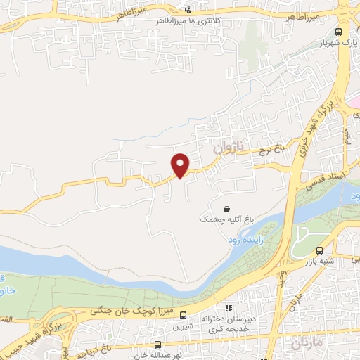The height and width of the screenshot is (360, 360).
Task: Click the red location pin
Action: (x=181, y=165)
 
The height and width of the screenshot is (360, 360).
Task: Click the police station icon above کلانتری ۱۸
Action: (x=188, y=9)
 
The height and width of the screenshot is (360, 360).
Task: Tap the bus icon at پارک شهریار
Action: (x=339, y=32)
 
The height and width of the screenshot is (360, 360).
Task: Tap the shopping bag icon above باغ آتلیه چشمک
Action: (x=226, y=209)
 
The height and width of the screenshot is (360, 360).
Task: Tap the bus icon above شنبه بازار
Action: (x=320, y=250)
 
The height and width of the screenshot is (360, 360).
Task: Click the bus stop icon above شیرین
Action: (x=183, y=316)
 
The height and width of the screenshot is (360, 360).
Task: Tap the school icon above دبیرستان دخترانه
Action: (x=228, y=308)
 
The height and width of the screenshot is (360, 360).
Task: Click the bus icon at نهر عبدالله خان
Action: (x=158, y=345)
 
